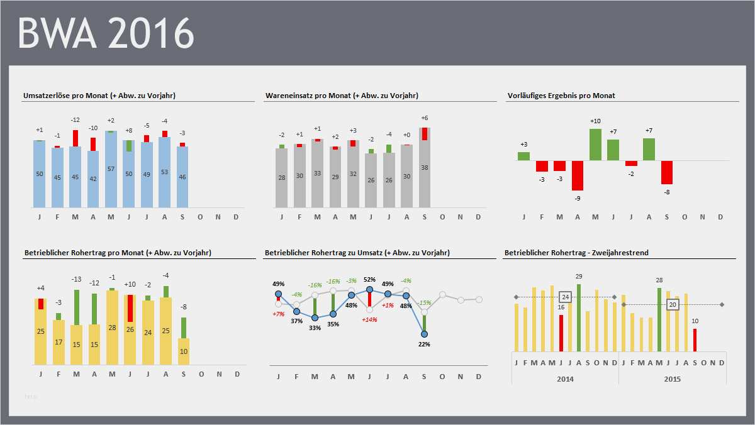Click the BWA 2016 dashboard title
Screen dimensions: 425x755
click(106, 33)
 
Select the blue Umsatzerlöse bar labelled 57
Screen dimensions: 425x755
click(111, 170)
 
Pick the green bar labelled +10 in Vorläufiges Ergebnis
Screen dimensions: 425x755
click(596, 145)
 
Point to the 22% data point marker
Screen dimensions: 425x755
click(425, 334)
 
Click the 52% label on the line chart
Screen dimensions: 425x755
click(369, 279)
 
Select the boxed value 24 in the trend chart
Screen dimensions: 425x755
click(565, 297)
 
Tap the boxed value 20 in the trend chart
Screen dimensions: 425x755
click(673, 304)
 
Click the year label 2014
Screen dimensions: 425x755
click(564, 379)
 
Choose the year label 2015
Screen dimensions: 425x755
click(672, 379)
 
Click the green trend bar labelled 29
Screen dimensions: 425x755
click(578, 317)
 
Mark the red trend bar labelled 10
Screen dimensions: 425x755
click(695, 339)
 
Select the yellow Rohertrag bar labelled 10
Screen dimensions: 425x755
click(184, 351)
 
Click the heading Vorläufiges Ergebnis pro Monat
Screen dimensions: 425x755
click(561, 96)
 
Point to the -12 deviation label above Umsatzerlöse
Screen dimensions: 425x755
click(75, 120)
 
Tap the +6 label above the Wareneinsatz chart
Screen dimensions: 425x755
click(425, 118)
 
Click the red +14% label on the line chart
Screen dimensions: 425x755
click(369, 319)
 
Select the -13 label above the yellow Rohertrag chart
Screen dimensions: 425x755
click(76, 279)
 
